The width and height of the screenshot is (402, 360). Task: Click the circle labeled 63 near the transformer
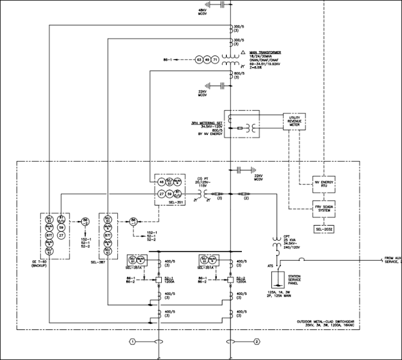coord(198,59)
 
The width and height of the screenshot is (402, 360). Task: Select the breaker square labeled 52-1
coord(151,279)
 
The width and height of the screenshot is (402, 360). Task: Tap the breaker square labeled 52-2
coord(231,279)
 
